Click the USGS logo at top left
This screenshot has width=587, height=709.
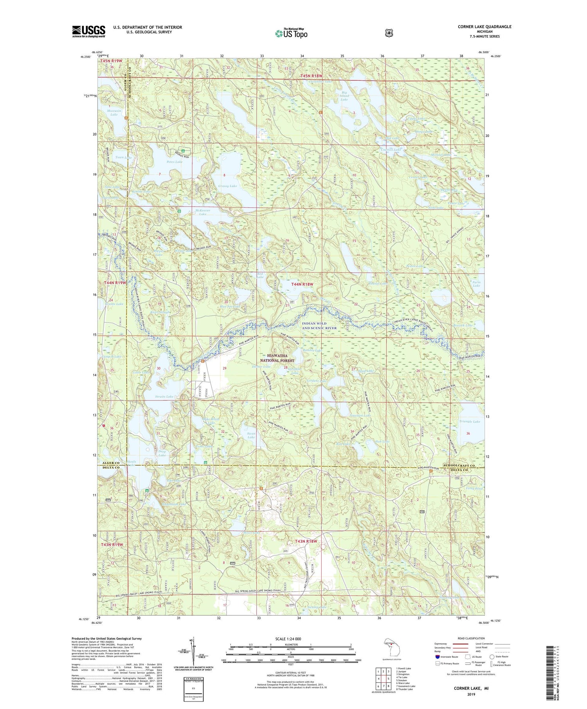tap(88, 31)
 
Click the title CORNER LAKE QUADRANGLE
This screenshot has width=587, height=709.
tap(484, 27)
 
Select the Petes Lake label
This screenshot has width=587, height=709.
tap(174, 162)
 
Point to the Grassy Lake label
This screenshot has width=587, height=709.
tap(227, 186)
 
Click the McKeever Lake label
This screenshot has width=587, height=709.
tap(203, 212)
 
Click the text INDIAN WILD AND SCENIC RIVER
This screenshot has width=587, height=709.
tap(319, 326)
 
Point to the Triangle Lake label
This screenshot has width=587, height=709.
tap(470, 422)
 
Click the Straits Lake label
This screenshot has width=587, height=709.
tap(164, 397)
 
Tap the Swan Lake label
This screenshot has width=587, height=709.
tap(251, 435)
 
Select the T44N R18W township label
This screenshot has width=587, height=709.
tap(303, 284)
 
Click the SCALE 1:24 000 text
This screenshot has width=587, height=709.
tap(291, 639)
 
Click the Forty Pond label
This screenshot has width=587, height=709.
tap(474, 488)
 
